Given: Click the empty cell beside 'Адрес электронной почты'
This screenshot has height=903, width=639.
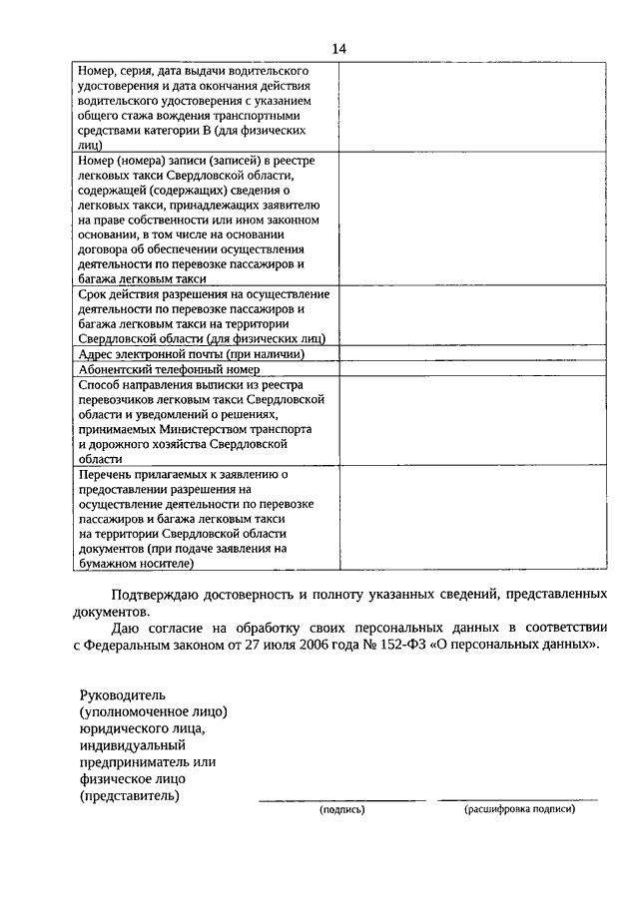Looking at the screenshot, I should click(x=471, y=353).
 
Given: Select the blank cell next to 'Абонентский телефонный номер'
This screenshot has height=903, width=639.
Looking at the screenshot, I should click(x=471, y=368).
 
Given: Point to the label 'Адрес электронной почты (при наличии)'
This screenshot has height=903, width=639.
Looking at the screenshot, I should click(x=190, y=353).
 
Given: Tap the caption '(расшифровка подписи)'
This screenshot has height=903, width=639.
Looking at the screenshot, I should click(x=519, y=810).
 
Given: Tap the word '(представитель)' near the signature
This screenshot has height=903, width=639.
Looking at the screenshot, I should click(x=131, y=796).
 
